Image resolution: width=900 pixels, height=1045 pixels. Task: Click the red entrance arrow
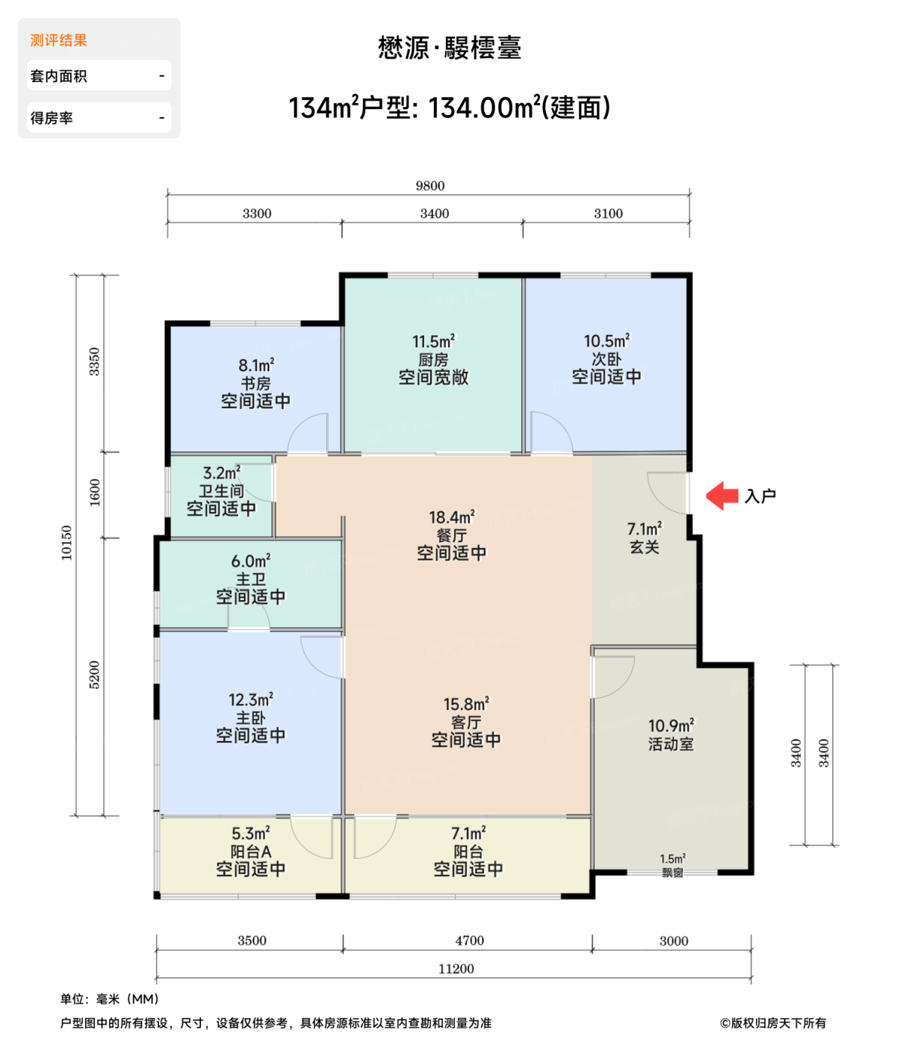point(721,496)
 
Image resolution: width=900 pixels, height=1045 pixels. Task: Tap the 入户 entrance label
point(760,496)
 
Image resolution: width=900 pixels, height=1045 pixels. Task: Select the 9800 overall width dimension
point(430,186)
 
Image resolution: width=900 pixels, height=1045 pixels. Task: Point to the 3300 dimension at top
point(257,213)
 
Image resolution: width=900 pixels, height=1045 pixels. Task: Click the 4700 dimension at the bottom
point(470,940)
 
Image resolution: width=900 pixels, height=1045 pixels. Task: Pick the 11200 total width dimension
point(456,969)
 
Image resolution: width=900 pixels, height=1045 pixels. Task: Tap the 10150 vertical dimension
point(66,543)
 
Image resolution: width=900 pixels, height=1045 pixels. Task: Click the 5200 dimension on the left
point(94,675)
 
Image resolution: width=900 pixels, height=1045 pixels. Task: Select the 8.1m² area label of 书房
point(256,365)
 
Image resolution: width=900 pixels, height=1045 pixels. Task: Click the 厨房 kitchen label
point(433,360)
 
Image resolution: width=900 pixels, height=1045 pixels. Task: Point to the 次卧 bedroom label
point(606,360)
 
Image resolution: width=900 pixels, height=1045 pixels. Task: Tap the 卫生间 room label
point(221,491)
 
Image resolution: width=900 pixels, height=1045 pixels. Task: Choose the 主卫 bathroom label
point(251,579)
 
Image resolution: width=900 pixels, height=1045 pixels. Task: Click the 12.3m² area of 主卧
point(251,699)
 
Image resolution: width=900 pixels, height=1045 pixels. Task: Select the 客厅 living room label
point(466,722)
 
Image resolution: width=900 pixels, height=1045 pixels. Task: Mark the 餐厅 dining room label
point(451,535)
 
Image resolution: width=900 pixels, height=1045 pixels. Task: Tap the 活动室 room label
point(671,744)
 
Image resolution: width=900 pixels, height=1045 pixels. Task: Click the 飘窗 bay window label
point(672,873)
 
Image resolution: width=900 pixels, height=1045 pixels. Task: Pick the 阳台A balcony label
point(251,852)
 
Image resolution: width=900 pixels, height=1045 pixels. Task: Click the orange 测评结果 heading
point(59,40)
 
